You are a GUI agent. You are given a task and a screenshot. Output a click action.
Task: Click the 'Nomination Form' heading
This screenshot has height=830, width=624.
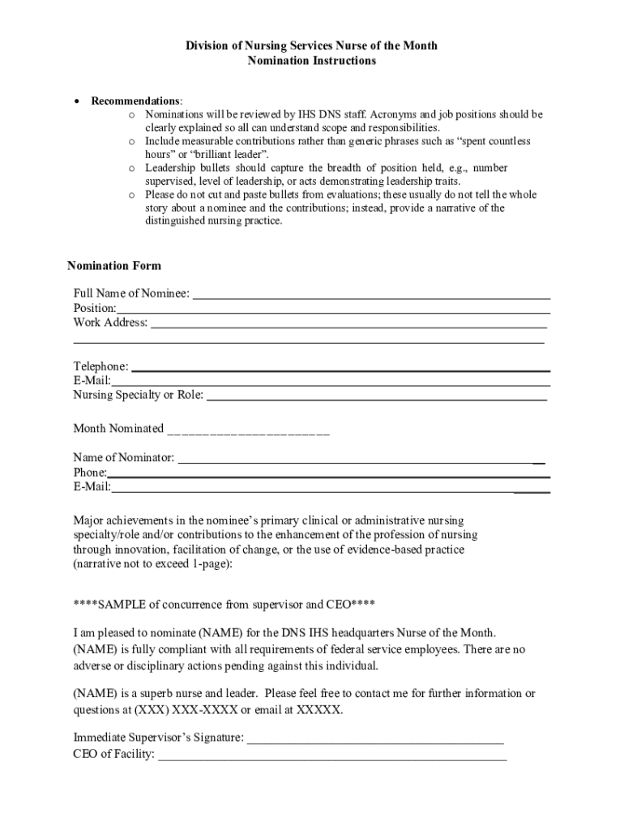(x=113, y=266)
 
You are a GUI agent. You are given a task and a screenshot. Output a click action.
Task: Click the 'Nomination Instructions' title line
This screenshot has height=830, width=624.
(x=311, y=61)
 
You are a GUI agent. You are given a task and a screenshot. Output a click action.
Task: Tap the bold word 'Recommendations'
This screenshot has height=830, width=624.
(x=135, y=101)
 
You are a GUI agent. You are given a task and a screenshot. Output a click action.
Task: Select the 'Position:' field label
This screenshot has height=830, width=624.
(x=94, y=308)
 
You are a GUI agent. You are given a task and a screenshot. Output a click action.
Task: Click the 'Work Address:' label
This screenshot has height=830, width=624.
(x=110, y=323)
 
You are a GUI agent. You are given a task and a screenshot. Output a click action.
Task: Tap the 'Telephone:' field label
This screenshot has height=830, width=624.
(x=100, y=367)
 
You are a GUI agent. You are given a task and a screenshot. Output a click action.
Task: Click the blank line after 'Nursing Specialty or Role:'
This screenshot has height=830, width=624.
(x=377, y=396)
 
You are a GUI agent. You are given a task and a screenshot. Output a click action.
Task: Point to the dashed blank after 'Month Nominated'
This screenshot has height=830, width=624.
(x=248, y=430)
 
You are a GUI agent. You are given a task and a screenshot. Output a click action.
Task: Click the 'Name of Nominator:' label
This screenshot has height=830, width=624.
(x=123, y=458)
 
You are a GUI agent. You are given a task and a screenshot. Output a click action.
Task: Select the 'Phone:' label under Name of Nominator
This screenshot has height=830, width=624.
(x=90, y=473)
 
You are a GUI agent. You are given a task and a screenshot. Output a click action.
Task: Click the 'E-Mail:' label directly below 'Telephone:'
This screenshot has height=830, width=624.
(x=92, y=381)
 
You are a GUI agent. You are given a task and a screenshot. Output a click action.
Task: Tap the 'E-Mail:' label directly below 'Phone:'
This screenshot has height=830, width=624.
(x=92, y=487)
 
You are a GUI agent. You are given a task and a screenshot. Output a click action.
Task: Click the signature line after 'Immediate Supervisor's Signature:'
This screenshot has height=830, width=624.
(x=375, y=739)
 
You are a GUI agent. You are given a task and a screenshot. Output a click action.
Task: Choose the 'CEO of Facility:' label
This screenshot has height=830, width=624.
(x=113, y=755)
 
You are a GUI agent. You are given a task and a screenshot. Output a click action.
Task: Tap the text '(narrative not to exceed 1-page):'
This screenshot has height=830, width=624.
(x=153, y=564)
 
